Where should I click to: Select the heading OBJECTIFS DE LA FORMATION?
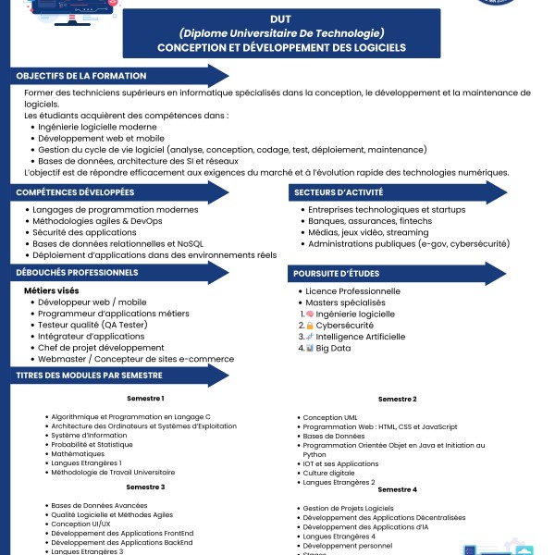[x=81, y=76]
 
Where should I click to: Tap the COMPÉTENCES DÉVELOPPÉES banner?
[x=76, y=192]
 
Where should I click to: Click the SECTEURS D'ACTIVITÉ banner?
[x=339, y=192]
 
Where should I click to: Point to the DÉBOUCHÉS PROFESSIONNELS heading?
[x=78, y=273]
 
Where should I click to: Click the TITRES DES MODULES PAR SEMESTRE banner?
[x=90, y=375]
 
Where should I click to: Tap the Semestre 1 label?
[x=145, y=399]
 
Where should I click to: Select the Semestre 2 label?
[x=397, y=399]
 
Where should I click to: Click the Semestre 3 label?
[x=145, y=487]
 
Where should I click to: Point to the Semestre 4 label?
[x=397, y=488]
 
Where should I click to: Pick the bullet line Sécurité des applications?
[x=84, y=232]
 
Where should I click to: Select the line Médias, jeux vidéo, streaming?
[x=369, y=232]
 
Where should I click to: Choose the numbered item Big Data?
[x=333, y=348]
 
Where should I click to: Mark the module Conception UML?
[x=330, y=417]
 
